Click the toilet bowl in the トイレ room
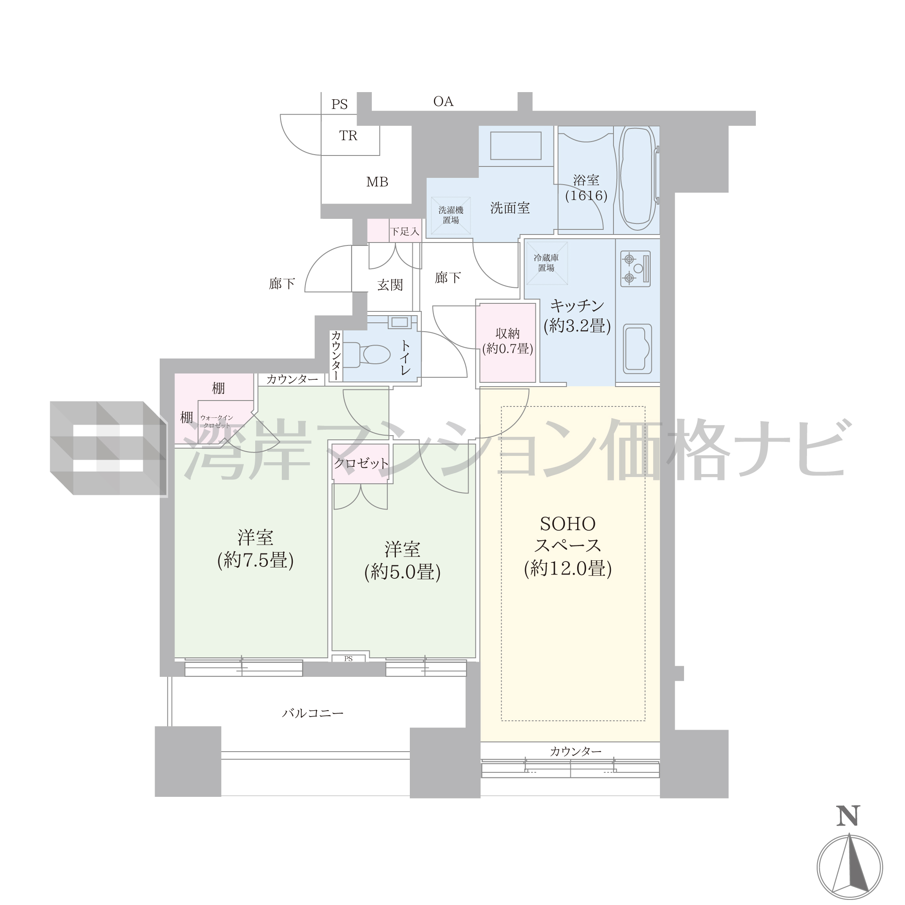(368, 354)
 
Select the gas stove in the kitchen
(635, 269)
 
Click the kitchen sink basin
(637, 349)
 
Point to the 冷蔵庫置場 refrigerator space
(547, 263)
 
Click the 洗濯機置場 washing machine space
(451, 215)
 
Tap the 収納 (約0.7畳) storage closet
(507, 342)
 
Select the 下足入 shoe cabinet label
(405, 232)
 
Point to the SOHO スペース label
(568, 535)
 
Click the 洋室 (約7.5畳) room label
(255, 549)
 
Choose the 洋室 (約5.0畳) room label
(402, 561)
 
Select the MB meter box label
(377, 182)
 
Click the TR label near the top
(348, 136)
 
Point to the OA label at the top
(443, 102)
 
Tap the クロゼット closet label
(361, 463)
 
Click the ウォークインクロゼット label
(216, 422)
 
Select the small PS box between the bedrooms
(349, 658)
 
